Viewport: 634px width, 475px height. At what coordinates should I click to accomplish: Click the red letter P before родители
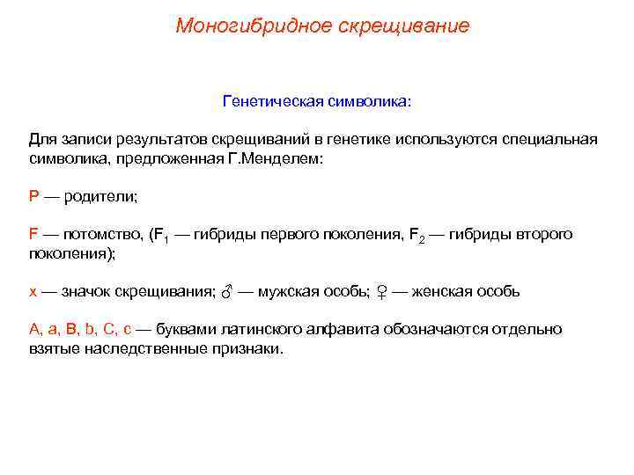pyautogui.click(x=34, y=196)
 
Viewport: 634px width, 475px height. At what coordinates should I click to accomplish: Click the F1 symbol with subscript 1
pyautogui.click(x=159, y=236)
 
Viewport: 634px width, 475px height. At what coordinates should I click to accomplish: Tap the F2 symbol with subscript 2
pyautogui.click(x=417, y=236)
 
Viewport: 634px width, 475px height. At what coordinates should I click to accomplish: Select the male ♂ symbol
pyautogui.click(x=225, y=291)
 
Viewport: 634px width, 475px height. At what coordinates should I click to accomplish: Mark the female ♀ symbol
pyautogui.click(x=381, y=291)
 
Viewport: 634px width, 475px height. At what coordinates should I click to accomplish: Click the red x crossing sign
pyautogui.click(x=33, y=292)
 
